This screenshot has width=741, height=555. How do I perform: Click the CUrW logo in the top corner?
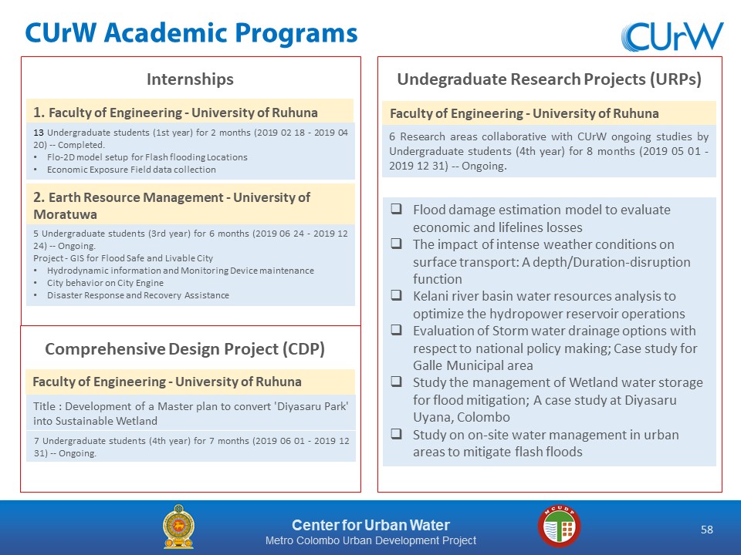click(x=672, y=36)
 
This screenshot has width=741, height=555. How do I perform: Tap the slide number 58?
click(x=706, y=530)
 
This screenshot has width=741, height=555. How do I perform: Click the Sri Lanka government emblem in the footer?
click(x=178, y=526)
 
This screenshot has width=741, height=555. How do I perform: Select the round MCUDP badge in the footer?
click(x=559, y=526)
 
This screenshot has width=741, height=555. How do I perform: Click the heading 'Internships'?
click(x=190, y=79)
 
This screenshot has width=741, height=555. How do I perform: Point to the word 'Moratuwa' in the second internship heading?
click(x=65, y=214)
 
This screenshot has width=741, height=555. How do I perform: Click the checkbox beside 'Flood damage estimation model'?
click(x=396, y=209)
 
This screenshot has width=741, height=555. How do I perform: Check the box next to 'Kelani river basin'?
click(x=396, y=295)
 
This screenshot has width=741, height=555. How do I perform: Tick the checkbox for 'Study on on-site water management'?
click(x=396, y=433)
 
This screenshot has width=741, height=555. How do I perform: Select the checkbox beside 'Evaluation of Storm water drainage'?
click(x=396, y=329)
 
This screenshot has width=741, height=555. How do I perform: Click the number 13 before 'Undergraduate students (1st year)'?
click(x=39, y=133)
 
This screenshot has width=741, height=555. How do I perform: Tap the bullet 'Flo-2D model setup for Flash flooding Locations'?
click(x=147, y=157)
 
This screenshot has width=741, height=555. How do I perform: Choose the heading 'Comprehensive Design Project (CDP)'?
click(x=184, y=348)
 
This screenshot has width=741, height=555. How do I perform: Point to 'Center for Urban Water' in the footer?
click(x=370, y=525)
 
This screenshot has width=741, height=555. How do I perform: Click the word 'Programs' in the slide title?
click(x=296, y=34)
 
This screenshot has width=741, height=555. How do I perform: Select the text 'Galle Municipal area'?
click(x=472, y=365)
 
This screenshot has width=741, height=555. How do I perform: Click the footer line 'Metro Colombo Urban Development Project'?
click(x=370, y=540)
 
